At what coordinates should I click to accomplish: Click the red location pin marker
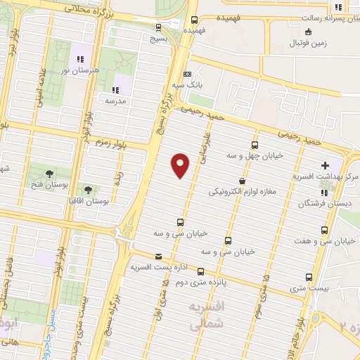[x=181, y=165]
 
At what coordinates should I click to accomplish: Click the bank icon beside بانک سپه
[x=187, y=74]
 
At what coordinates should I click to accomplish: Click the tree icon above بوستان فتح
[x=49, y=174]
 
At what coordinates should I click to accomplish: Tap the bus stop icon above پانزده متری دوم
[x=201, y=271]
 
